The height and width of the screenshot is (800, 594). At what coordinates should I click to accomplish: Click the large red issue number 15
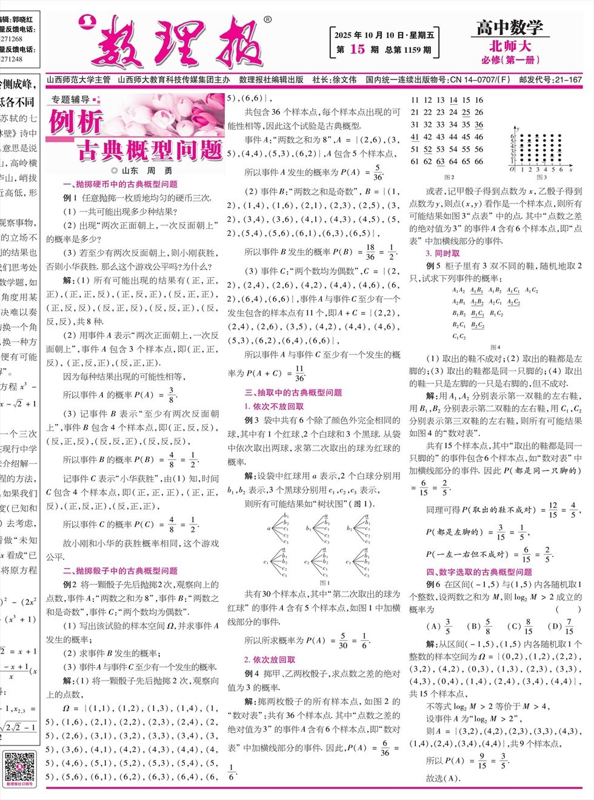[358, 50]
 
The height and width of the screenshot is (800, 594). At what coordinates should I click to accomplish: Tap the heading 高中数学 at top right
[509, 27]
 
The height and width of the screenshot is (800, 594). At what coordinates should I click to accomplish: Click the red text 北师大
[510, 46]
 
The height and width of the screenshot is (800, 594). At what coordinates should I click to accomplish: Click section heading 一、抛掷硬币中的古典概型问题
[120, 184]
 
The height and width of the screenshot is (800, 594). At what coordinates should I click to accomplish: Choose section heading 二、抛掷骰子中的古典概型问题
[120, 570]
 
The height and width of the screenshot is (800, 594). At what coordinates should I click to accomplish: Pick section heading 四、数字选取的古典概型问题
[479, 572]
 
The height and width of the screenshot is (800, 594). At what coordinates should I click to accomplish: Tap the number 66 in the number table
[479, 162]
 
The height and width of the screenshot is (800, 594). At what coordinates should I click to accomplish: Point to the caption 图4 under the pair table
[495, 347]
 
